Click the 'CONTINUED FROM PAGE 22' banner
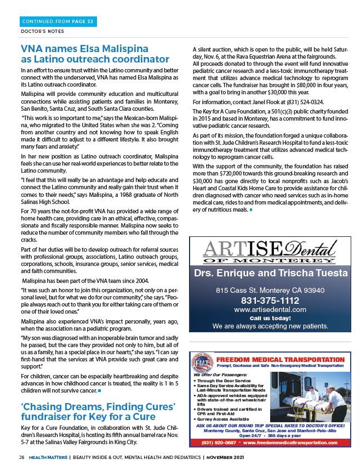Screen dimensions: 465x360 (x=58, y=22)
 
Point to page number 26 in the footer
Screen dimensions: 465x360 (x=21, y=456)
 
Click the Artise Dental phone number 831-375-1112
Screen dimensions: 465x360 (x=270, y=300)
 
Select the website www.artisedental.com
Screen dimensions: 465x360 (x=270, y=310)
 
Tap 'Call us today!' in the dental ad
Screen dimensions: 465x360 (x=270, y=318)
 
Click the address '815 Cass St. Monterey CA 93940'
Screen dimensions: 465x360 (x=270, y=290)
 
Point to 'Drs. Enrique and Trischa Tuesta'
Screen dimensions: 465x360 (x=270, y=273)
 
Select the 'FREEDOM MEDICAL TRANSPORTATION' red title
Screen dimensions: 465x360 (x=280, y=360)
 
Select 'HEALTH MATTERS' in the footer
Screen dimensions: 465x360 (x=48, y=456)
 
